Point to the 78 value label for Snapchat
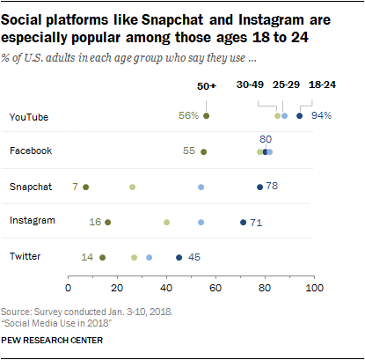(x=272, y=187)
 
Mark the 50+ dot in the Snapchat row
(x=85, y=187)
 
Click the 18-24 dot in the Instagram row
(x=243, y=222)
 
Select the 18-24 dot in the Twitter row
(x=179, y=257)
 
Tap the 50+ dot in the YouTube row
(x=206, y=116)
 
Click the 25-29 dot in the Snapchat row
(x=201, y=187)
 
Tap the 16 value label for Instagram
(x=95, y=222)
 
